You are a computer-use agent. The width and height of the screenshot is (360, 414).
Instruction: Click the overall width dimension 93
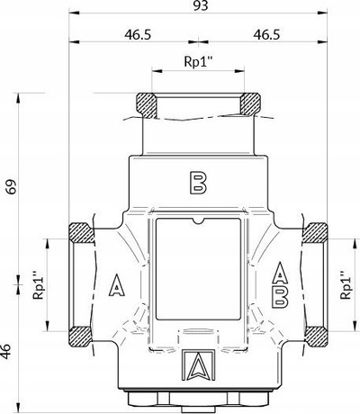[201, 5]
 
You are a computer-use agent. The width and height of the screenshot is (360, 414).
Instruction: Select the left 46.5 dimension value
[138, 35]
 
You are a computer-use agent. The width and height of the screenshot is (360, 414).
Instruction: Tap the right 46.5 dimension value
[266, 35]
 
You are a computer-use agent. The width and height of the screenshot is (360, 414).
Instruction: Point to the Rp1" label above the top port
[198, 62]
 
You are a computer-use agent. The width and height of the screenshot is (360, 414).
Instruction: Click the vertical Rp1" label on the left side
[39, 285]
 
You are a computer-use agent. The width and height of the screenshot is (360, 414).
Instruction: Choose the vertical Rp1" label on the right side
[346, 285]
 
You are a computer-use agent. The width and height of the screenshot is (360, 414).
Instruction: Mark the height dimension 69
[13, 187]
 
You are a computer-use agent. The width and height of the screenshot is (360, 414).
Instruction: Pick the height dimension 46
[5, 351]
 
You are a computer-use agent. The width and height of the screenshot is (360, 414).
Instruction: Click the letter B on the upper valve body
[198, 183]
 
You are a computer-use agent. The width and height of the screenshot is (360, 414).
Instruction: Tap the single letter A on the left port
[116, 285]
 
